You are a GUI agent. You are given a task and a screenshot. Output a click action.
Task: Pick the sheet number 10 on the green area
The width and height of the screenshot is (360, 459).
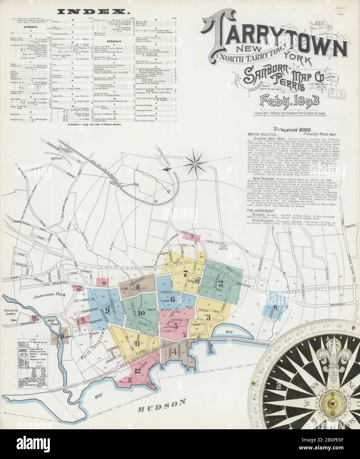click(x=142, y=313)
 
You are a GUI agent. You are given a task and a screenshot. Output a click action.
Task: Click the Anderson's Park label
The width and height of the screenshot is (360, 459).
click(x=45, y=296)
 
